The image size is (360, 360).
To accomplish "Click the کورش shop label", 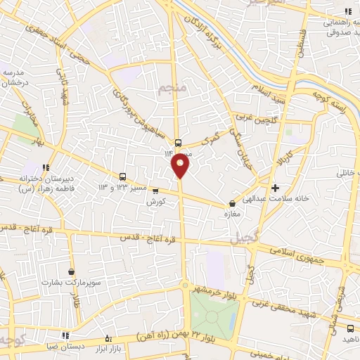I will click(x=155, y=201).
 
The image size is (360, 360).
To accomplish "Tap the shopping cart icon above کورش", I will click(x=155, y=190).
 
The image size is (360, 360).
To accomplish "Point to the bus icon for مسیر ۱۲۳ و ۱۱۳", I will click(x=124, y=176).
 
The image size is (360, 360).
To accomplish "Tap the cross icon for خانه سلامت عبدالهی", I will click(x=276, y=188).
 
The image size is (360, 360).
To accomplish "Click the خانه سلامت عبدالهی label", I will click(x=295, y=199).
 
